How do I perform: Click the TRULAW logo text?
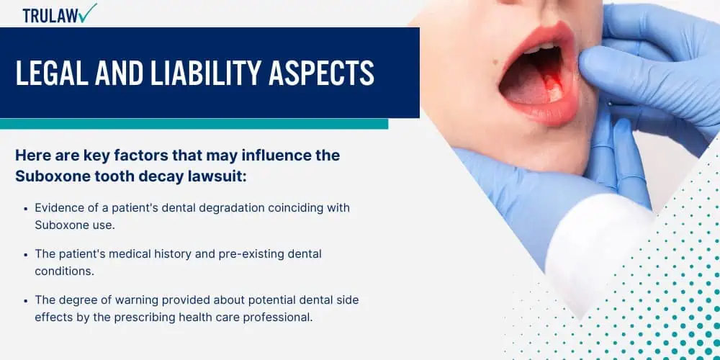(x=50, y=16)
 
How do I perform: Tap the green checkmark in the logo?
(x=87, y=13)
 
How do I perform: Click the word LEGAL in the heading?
(x=51, y=73)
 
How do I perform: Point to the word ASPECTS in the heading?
(x=321, y=73)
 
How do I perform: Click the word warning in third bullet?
(x=136, y=300)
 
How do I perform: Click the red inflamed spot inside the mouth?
(x=552, y=89)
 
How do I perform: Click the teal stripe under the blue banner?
(x=194, y=124)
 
